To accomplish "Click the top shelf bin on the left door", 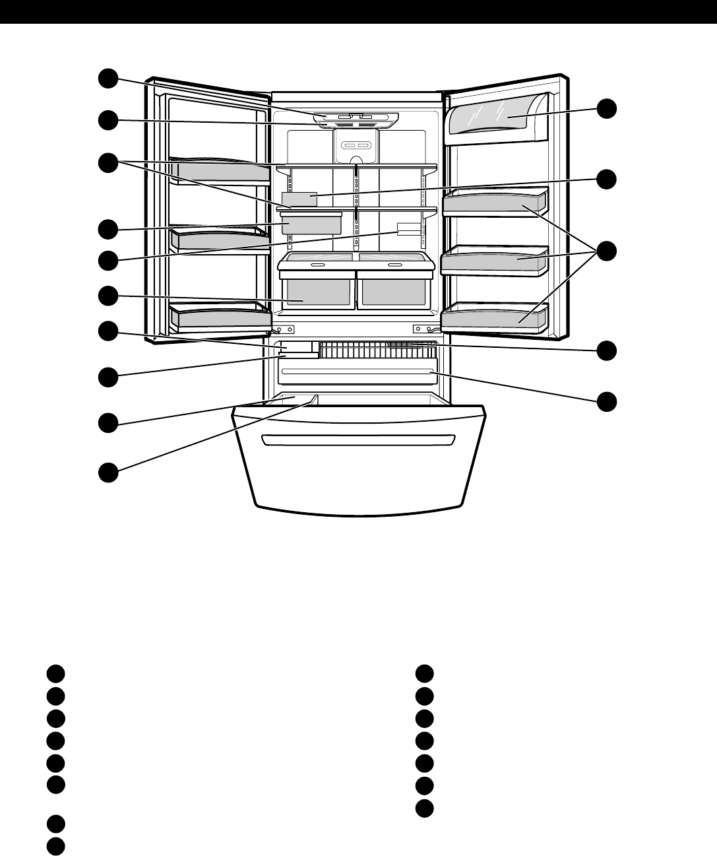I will tap(219, 170).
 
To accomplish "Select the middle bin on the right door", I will tap(494, 261).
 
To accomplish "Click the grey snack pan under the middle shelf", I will tap(311, 223).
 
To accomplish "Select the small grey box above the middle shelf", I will tap(299, 199).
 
